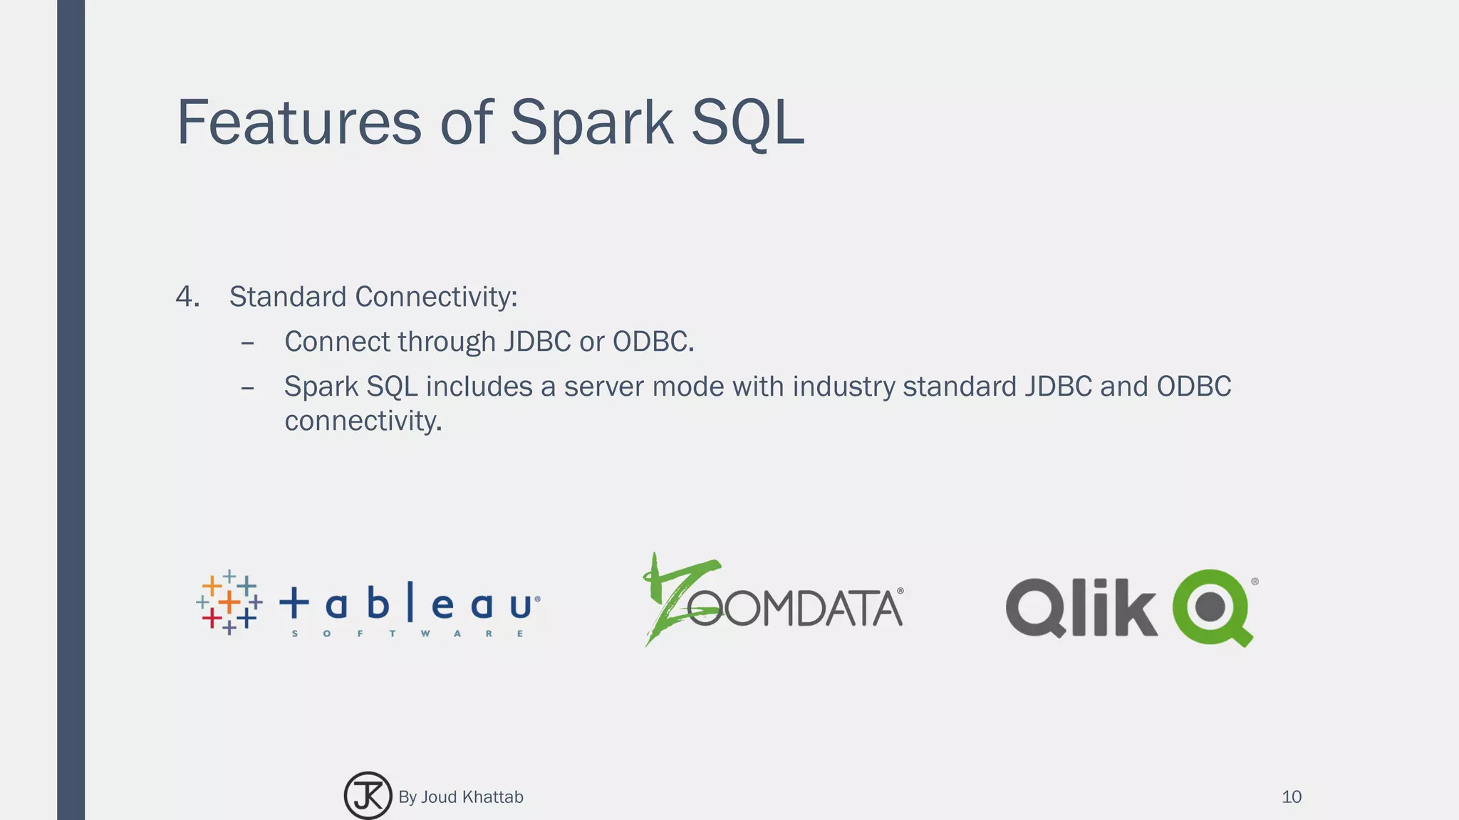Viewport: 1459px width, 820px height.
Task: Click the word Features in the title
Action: (x=299, y=122)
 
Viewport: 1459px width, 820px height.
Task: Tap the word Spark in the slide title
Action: (x=591, y=122)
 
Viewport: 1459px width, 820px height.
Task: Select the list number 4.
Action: (x=186, y=297)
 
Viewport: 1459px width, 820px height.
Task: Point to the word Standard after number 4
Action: (x=288, y=297)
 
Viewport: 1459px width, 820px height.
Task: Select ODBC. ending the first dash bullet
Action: (x=653, y=342)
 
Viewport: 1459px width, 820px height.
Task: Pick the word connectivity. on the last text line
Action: (x=363, y=421)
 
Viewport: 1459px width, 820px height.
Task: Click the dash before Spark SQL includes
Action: (x=247, y=389)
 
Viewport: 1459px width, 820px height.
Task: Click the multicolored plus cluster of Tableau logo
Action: (x=229, y=602)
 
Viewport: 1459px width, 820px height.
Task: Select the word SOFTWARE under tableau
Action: (x=408, y=634)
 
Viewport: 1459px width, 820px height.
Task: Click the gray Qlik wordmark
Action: (x=1081, y=607)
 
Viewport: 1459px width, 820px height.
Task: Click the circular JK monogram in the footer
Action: (x=368, y=796)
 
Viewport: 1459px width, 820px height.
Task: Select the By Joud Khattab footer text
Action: (x=461, y=797)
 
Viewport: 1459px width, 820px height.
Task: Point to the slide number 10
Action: (x=1291, y=797)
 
